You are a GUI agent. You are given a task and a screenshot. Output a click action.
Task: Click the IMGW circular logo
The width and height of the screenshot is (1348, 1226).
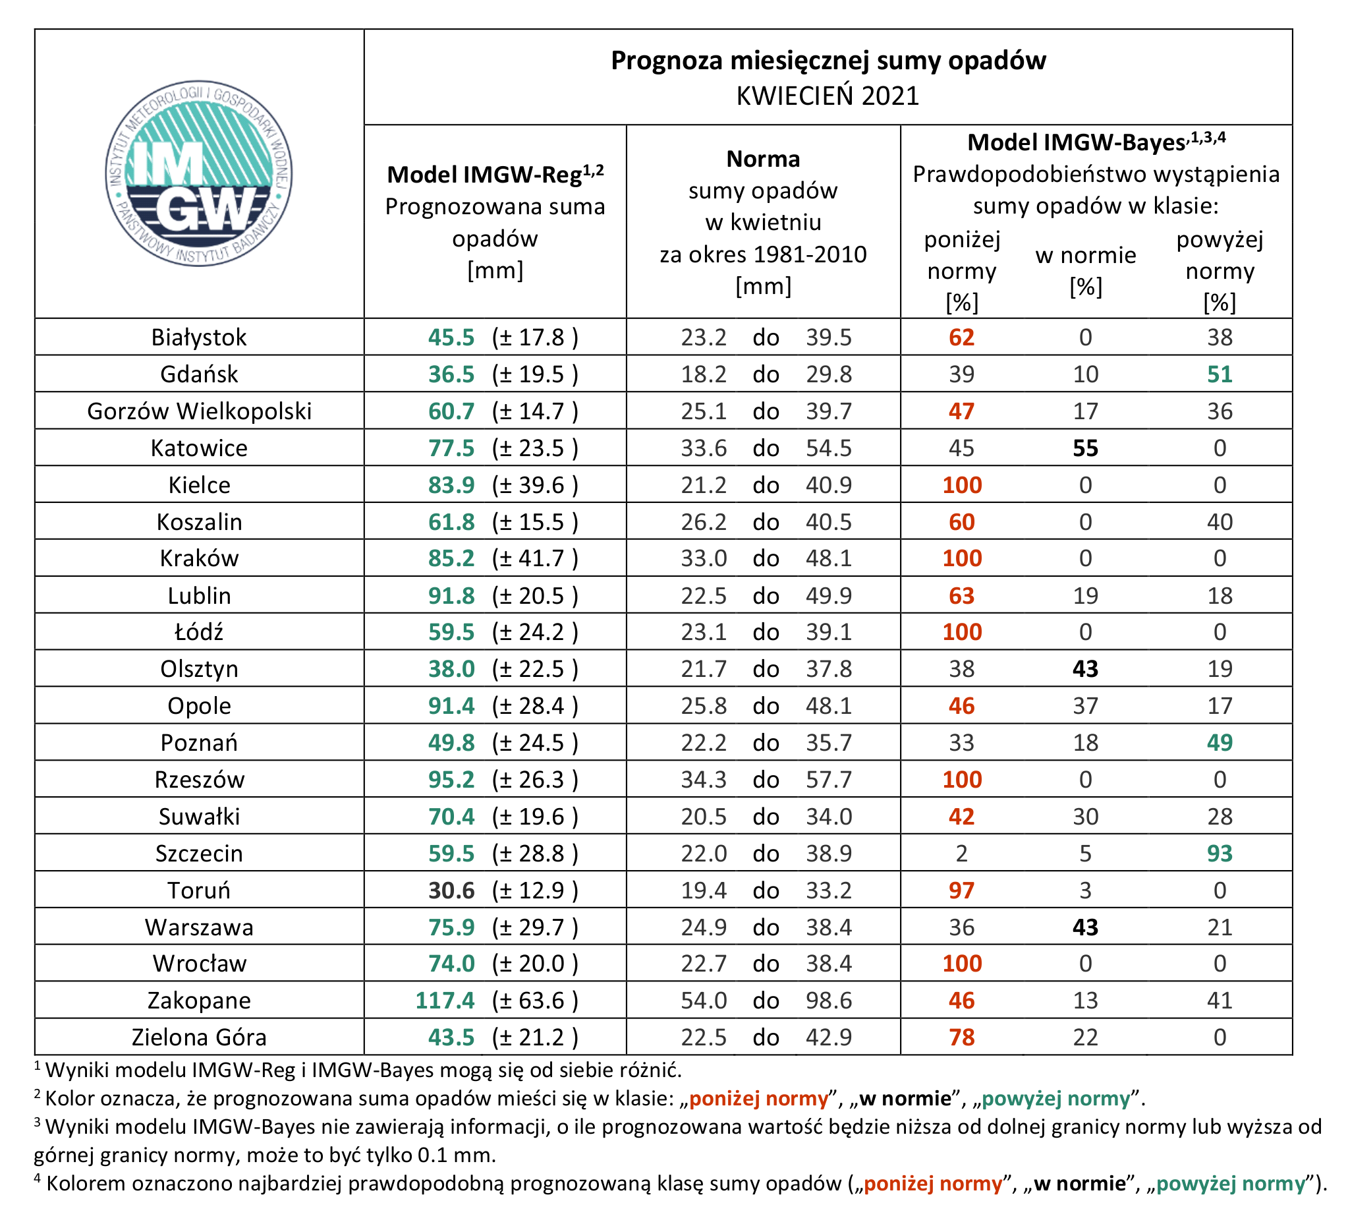coord(199,174)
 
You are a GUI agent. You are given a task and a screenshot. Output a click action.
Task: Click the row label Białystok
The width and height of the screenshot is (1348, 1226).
coord(199,337)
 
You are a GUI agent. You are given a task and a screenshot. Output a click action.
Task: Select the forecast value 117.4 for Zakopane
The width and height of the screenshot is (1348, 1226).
coord(445,1001)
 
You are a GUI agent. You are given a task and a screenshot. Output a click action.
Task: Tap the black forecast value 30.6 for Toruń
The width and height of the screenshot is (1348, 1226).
coord(451,890)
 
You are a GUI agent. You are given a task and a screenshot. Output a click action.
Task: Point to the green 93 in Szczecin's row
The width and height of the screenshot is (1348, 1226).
coord(1220,854)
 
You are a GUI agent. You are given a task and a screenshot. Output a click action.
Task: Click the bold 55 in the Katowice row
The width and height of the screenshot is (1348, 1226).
coord(1085,448)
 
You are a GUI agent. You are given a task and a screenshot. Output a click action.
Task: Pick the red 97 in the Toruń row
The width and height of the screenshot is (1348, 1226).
coord(961,890)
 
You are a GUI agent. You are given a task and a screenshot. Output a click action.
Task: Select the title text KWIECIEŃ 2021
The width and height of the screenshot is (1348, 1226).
coord(828,96)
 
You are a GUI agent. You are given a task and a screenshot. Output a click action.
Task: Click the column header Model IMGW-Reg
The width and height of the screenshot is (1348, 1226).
coord(495,175)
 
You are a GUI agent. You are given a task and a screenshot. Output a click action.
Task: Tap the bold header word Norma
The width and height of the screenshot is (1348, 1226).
coord(763,160)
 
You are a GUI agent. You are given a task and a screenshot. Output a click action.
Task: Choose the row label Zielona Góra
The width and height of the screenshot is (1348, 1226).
coord(199,1037)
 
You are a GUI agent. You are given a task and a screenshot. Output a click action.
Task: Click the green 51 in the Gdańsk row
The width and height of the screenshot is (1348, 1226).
coord(1220,374)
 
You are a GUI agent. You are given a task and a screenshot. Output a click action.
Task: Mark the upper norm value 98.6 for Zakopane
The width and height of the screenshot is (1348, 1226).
coord(828,1001)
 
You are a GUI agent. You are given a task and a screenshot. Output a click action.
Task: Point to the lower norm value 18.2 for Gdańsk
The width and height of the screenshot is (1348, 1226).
coord(704,374)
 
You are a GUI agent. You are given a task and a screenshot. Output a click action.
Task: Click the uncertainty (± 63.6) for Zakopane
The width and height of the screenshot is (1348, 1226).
coord(535,1001)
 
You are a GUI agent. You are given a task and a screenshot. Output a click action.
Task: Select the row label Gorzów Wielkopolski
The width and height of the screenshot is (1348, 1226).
coord(199,411)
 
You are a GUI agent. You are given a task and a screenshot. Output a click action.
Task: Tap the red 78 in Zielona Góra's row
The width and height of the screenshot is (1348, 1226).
coord(961,1037)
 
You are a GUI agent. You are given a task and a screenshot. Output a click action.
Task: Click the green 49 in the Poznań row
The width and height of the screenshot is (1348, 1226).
coord(1220,742)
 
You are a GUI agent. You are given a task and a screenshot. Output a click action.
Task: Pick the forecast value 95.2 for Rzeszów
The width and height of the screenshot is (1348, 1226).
coord(451,780)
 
